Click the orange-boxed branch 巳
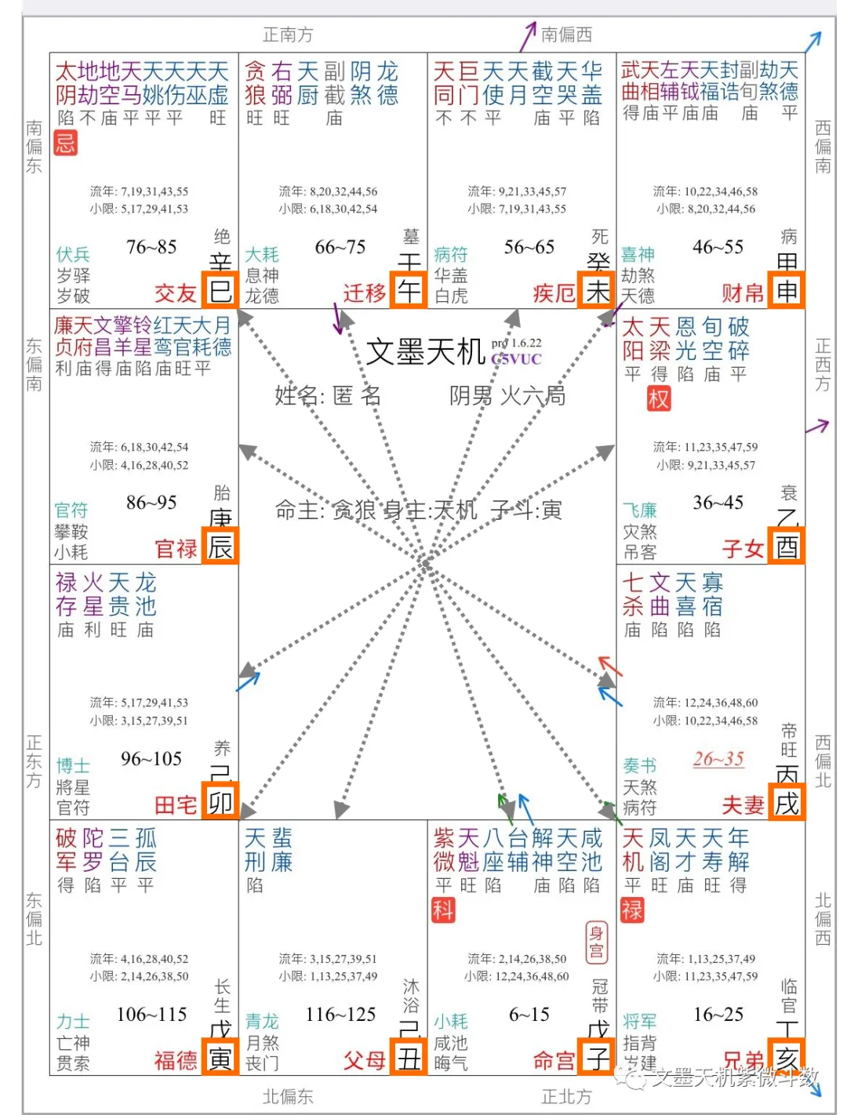pyautogui.click(x=220, y=291)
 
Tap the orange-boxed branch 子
pyautogui.click(x=598, y=1059)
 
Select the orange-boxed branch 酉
pyautogui.click(x=787, y=547)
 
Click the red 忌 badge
pyautogui.click(x=66, y=143)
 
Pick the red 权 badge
pyautogui.click(x=659, y=399)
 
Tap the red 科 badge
pyautogui.click(x=443, y=910)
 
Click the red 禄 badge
pyautogui.click(x=632, y=910)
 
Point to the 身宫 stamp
pyautogui.click(x=596, y=941)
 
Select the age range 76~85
pyautogui.click(x=151, y=247)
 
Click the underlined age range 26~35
pyautogui.click(x=718, y=759)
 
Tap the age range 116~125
pyautogui.click(x=340, y=1015)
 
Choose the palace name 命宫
pyautogui.click(x=554, y=1061)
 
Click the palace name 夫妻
pyautogui.click(x=743, y=804)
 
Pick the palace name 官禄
pyautogui.click(x=176, y=549)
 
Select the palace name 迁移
pyautogui.click(x=365, y=293)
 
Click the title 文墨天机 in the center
pyautogui.click(x=425, y=352)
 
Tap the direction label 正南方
pyautogui.click(x=288, y=35)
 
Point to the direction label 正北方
pyautogui.click(x=566, y=1096)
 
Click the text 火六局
pyautogui.click(x=533, y=396)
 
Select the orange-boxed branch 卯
pyautogui.click(x=220, y=803)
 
